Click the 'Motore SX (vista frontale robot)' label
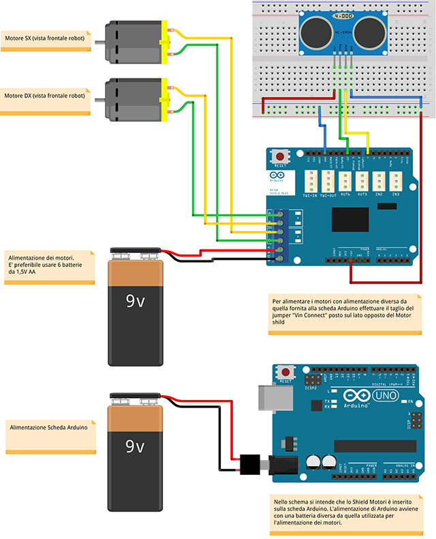[45, 39]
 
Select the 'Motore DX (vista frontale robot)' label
[45, 96]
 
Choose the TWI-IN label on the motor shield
[310, 195]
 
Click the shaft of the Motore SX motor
[98, 44]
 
